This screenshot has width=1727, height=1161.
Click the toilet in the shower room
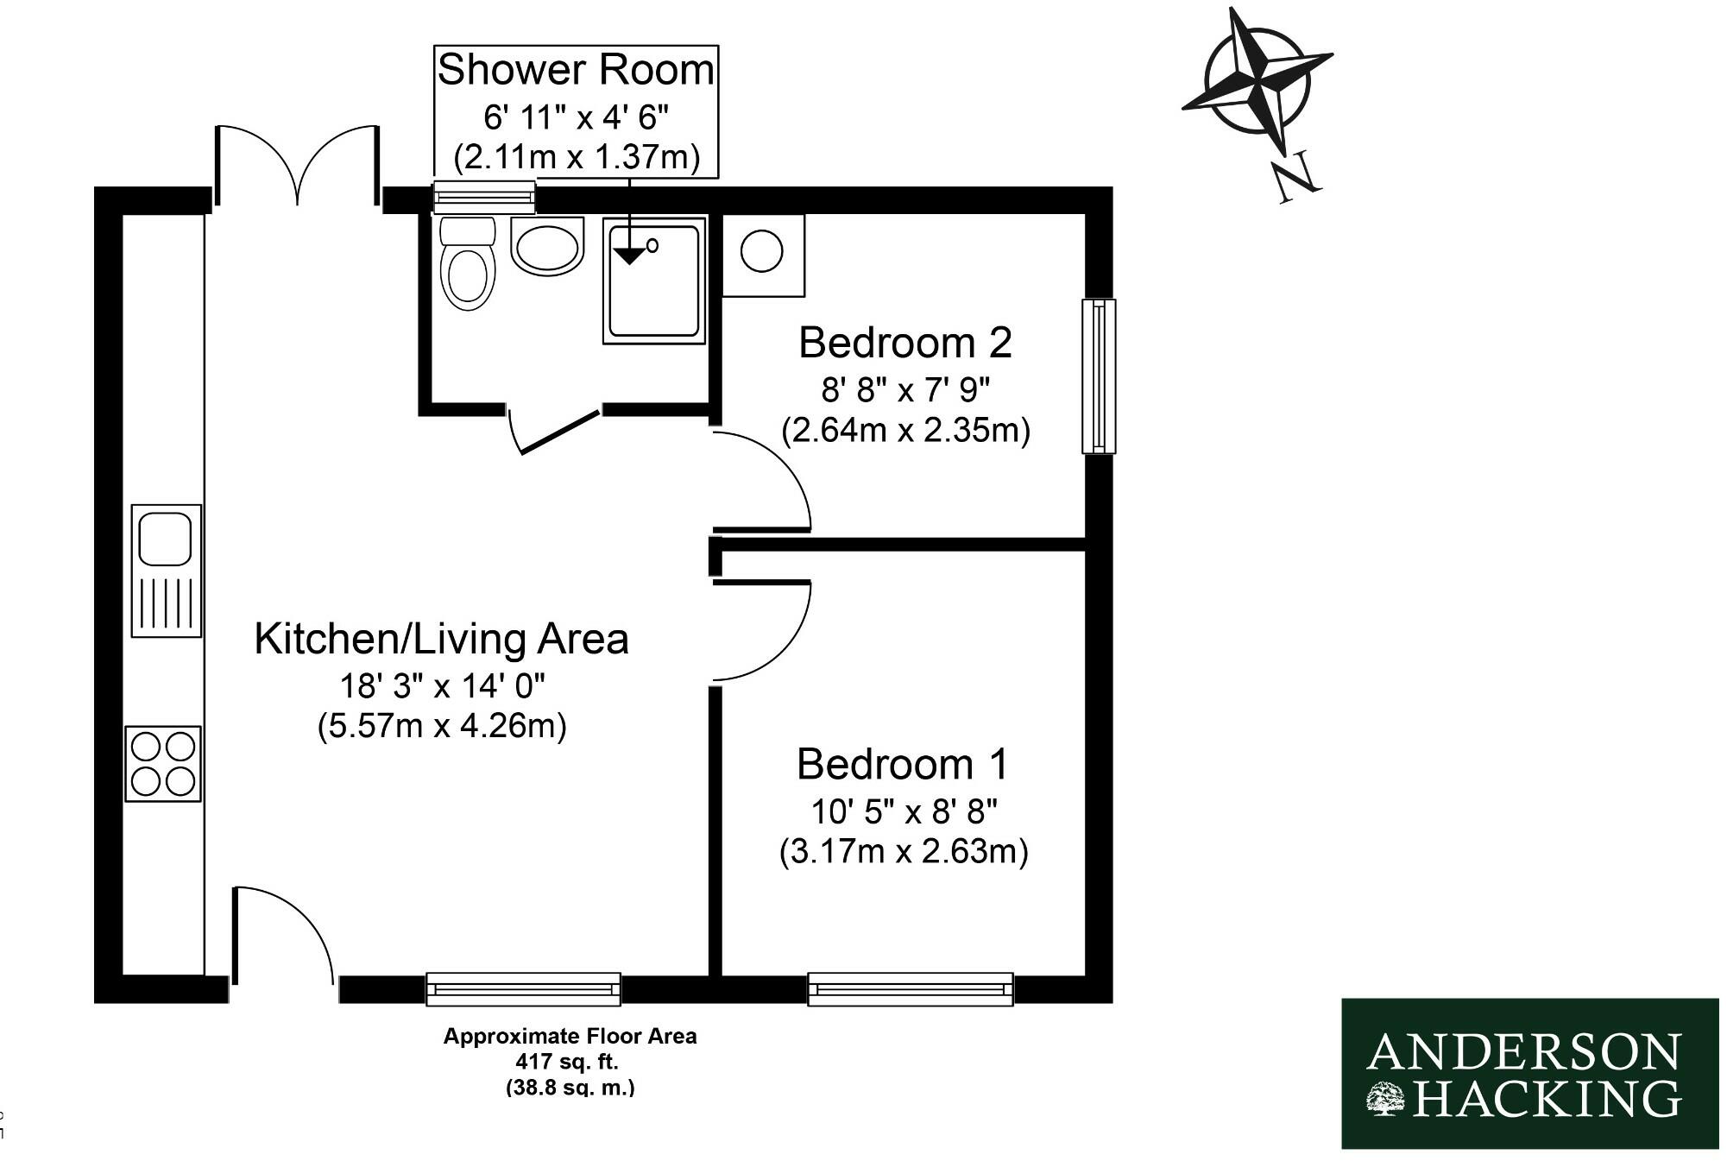click(468, 263)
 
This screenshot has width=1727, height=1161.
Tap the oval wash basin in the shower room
click(547, 245)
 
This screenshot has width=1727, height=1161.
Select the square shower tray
click(654, 281)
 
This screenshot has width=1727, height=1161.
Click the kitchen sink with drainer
click(166, 571)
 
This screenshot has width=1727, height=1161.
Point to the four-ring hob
click(163, 764)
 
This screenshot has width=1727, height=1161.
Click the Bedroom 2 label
click(904, 343)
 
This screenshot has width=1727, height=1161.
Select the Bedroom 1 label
click(902, 764)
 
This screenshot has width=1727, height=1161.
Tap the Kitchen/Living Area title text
click(441, 639)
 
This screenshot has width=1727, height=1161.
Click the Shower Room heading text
click(576, 70)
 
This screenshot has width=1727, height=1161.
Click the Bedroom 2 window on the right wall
click(1098, 375)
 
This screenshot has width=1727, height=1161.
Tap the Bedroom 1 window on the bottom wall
click(910, 988)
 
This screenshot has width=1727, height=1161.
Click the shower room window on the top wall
click(483, 197)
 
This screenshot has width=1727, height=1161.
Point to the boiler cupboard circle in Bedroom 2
click(761, 253)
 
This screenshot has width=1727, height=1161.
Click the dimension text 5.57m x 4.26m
click(441, 725)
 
